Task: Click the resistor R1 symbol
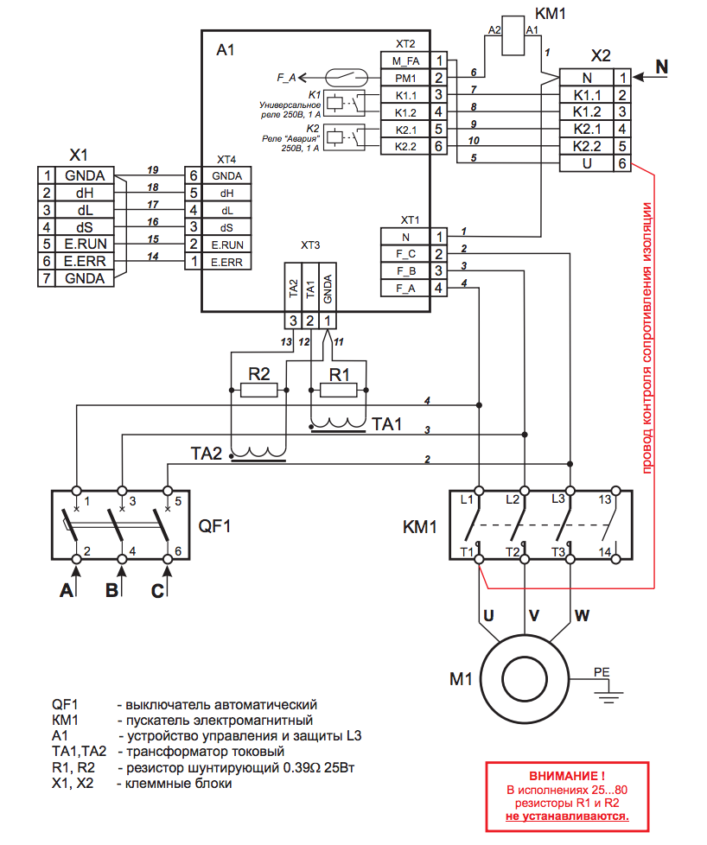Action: (339, 390)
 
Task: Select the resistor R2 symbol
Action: (259, 390)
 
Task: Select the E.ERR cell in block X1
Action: (84, 261)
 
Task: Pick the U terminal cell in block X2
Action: (587, 162)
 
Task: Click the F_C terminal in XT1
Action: (405, 253)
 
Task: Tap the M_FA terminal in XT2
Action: (405, 60)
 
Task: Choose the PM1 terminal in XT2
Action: (405, 78)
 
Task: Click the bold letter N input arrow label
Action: (661, 66)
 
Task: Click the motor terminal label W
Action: (582, 616)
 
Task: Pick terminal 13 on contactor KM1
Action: (604, 500)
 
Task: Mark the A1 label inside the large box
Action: (226, 52)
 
